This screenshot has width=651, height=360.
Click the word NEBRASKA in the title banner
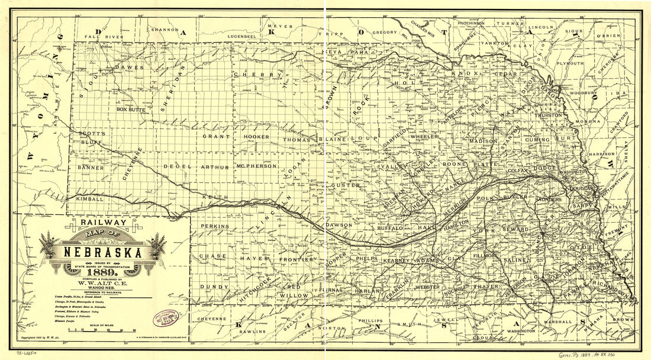pyautogui.click(x=99, y=253)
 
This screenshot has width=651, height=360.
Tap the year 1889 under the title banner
pyautogui.click(x=98, y=272)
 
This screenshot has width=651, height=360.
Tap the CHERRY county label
pyautogui.click(x=256, y=75)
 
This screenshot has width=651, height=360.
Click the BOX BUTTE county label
pyautogui.click(x=131, y=110)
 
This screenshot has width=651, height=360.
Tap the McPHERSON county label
pyautogui.click(x=256, y=167)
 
